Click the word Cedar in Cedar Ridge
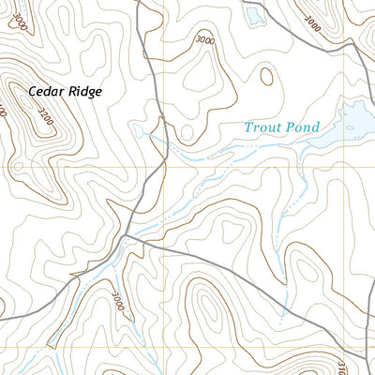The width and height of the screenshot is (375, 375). click(x=45, y=92)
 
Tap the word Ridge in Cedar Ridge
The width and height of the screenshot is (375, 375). click(x=82, y=92)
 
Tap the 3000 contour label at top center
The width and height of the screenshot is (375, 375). click(x=206, y=40)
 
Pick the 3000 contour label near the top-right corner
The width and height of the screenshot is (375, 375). click(x=312, y=22)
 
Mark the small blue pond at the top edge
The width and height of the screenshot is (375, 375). click(x=253, y=13)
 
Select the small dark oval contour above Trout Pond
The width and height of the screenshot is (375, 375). click(x=266, y=75)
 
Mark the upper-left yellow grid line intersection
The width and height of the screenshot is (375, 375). click(x=160, y=167)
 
